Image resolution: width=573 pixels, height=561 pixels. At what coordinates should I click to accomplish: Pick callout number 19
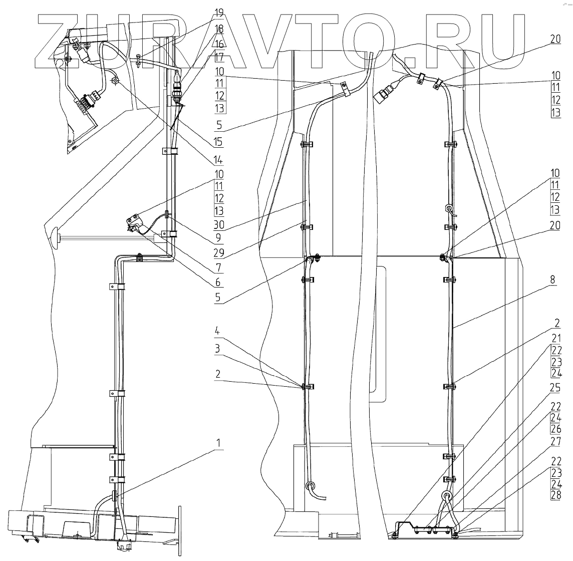click(x=218, y=13)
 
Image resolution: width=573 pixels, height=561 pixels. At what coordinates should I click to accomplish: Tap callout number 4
click(x=218, y=331)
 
